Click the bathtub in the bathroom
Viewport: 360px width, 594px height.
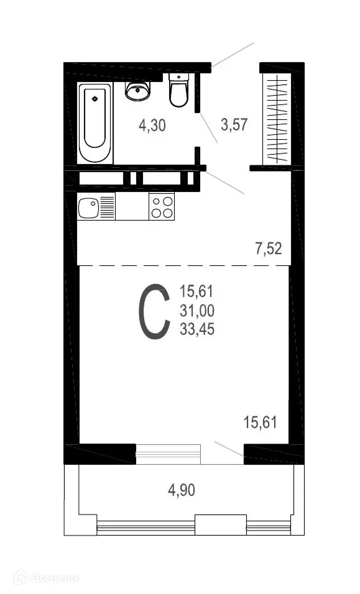[x=95, y=123]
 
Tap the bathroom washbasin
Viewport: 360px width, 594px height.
[x=137, y=91]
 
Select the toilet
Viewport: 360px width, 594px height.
[x=179, y=92]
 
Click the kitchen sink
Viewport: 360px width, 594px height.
[x=88, y=206]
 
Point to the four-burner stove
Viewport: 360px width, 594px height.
[x=162, y=206]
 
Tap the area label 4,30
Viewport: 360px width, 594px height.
[x=152, y=125]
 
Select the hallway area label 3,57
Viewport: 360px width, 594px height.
[x=234, y=124]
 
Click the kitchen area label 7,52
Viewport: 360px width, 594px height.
[x=268, y=249]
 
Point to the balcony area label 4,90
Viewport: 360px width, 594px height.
[x=182, y=490]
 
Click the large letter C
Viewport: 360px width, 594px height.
[x=154, y=312]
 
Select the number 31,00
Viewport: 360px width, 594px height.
[x=197, y=311]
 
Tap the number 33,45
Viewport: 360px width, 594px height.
[x=197, y=330]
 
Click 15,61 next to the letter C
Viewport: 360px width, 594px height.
[x=197, y=291]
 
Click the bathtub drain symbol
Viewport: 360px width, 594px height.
[x=95, y=97]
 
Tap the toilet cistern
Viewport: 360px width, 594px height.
[x=179, y=78]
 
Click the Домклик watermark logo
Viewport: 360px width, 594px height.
[x=47, y=579]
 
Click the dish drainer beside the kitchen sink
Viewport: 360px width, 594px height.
[x=107, y=206]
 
